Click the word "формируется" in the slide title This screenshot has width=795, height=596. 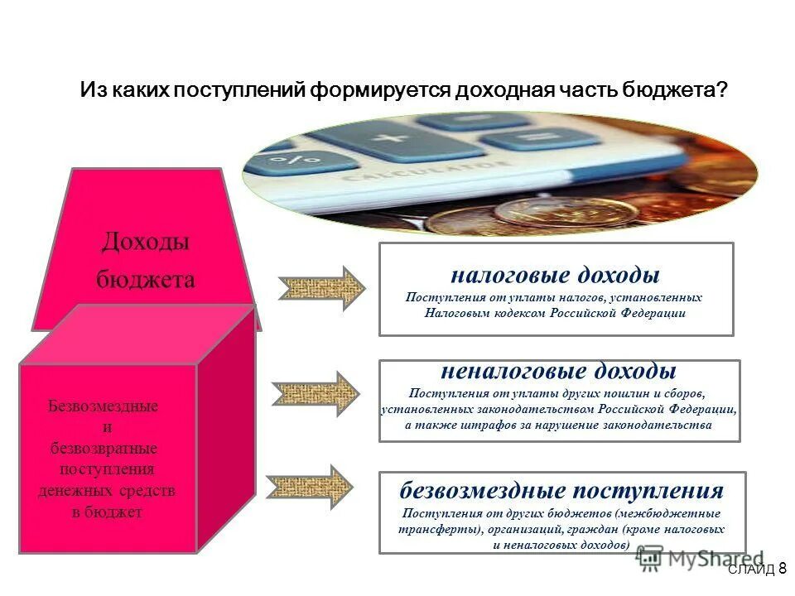click(x=379, y=89)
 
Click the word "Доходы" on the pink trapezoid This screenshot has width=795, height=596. click(x=146, y=242)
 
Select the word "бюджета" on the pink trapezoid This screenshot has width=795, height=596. click(x=146, y=280)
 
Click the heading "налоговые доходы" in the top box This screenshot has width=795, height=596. click(x=555, y=275)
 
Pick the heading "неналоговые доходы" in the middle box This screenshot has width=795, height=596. click(x=558, y=370)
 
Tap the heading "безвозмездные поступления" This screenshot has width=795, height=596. click(x=561, y=490)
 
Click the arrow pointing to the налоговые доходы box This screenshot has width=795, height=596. click(x=322, y=288)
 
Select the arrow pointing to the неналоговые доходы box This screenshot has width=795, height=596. click(x=318, y=390)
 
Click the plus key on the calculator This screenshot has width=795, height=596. click(x=388, y=136)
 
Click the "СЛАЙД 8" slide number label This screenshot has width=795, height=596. click(x=757, y=569)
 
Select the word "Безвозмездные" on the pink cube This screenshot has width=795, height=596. click(x=104, y=407)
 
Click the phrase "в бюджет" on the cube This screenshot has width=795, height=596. click(x=107, y=512)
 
